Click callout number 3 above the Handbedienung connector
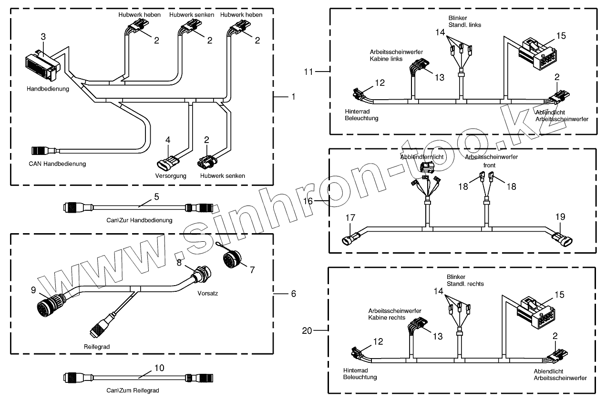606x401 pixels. coord(43,37)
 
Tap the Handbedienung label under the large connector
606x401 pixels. coord(48,89)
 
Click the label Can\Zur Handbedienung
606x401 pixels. coord(140,220)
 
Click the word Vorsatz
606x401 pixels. coord(207,293)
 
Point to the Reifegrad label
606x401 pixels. coord(97,347)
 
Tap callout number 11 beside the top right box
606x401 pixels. coord(309,72)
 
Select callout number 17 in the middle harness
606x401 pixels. coord(351,217)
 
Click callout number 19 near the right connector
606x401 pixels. coord(560,217)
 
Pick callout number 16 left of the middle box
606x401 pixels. coord(308,201)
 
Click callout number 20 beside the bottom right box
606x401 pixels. coord(307,329)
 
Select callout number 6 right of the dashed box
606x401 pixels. coord(293,293)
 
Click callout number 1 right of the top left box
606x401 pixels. coord(293,96)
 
